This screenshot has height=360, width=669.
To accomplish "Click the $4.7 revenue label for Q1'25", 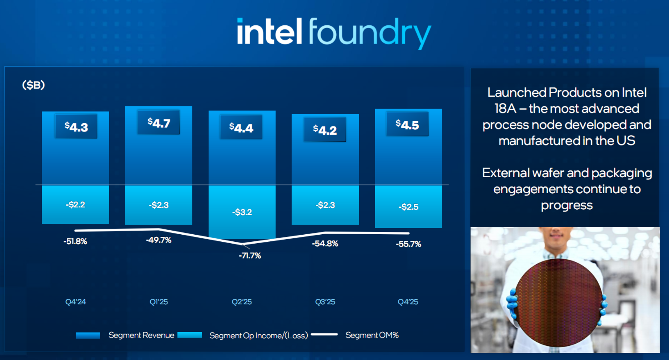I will (159, 123).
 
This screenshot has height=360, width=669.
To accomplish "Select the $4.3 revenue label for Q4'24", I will (76, 127).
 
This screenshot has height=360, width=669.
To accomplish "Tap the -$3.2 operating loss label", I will (242, 212).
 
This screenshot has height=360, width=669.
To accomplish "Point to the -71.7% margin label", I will (250, 256).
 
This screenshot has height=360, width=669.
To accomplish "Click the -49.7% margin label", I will (159, 240).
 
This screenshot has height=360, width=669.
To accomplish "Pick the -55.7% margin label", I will (408, 244).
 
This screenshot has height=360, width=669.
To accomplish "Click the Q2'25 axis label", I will (242, 302).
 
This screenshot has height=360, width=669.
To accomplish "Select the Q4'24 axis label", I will (76, 302).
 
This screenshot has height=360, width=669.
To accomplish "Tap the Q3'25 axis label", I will (325, 302).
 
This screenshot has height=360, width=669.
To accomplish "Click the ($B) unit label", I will (34, 85).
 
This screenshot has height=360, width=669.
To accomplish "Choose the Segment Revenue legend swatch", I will (88, 335).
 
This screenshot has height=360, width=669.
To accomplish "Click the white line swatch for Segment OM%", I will (324, 335).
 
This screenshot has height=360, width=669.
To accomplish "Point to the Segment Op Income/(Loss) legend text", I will (258, 335).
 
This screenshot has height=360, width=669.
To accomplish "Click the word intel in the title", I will (270, 32).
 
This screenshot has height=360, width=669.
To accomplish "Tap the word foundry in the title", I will (369, 33).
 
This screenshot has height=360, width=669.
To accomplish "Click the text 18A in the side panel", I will (505, 109).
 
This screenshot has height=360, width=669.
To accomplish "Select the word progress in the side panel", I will (567, 205).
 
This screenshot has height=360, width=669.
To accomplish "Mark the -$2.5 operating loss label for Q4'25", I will (408, 207).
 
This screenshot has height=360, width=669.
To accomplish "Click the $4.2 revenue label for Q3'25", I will (325, 130).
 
